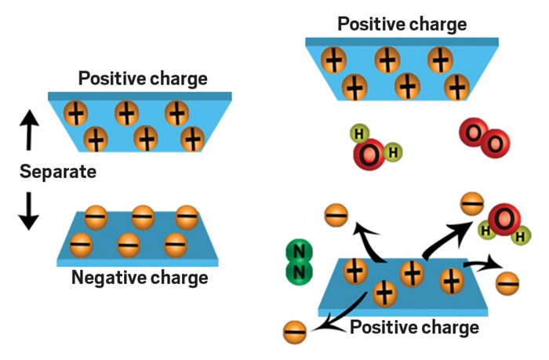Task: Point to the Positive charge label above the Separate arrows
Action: point(142,78)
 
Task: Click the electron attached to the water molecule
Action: point(471,205)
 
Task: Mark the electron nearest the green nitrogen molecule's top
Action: point(336,213)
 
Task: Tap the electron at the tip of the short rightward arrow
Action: point(507,281)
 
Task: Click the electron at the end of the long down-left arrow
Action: point(293,329)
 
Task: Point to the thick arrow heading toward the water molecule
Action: point(443,234)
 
